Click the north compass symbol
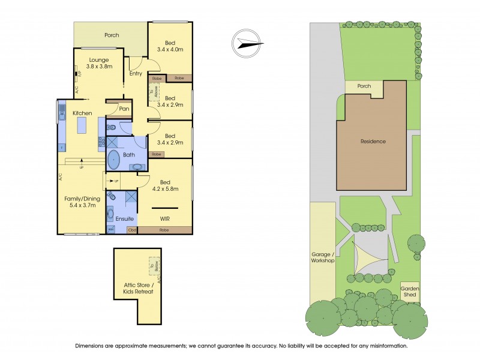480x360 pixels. point(247,43)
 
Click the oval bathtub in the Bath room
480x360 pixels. point(115,161)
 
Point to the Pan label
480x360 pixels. point(124,109)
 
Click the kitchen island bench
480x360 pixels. point(83,127)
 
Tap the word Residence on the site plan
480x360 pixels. point(373,142)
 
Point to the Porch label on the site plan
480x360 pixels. point(364,86)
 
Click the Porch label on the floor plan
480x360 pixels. point(112,35)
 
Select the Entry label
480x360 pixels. point(136,74)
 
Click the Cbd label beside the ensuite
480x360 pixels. point(132,230)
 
